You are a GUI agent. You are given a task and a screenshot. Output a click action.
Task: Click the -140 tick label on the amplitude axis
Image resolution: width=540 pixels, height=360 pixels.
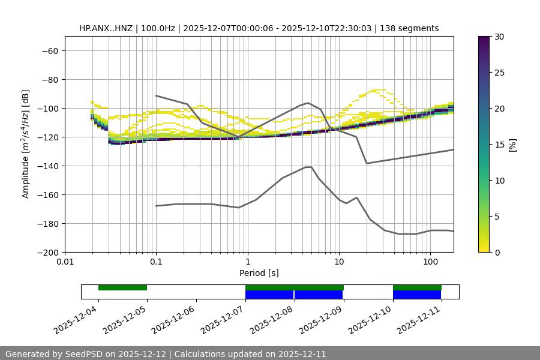coord(47,166)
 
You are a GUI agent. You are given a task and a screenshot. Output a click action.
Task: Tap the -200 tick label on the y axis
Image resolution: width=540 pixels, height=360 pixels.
coord(47,252)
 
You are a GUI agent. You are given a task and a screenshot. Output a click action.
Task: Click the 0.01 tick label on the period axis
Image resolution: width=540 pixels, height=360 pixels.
coord(65,262)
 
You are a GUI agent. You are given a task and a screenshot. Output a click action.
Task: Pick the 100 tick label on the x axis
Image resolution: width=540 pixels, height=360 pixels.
coord(430,262)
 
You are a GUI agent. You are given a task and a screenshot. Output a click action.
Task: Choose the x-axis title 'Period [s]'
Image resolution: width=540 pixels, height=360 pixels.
coord(259,273)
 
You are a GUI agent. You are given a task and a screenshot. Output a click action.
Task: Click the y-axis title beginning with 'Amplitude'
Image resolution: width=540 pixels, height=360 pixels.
coord(26,144)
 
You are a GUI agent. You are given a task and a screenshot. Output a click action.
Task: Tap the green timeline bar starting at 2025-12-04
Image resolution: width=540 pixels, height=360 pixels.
coord(122,287)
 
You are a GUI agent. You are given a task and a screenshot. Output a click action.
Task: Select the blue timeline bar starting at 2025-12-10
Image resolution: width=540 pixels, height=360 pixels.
coord(417,295)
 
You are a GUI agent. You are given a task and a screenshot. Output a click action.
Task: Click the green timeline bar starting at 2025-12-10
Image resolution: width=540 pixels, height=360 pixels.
coord(417,287)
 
